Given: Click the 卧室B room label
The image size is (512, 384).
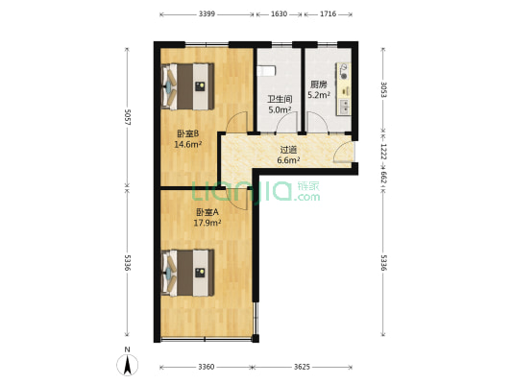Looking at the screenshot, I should pos(186,134).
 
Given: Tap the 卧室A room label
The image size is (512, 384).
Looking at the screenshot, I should pos(207,212).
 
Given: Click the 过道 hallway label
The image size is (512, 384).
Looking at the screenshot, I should pos(288,149).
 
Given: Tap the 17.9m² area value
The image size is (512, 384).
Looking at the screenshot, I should pos(207,223).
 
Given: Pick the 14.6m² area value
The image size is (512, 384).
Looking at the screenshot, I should pos(186,145).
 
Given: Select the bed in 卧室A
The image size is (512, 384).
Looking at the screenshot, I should pos(188,273).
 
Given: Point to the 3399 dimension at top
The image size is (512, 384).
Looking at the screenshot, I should pos(207,15).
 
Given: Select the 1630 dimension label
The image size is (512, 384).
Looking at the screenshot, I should pos(280,15).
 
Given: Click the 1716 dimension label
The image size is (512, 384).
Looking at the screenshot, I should pos(328,15).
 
